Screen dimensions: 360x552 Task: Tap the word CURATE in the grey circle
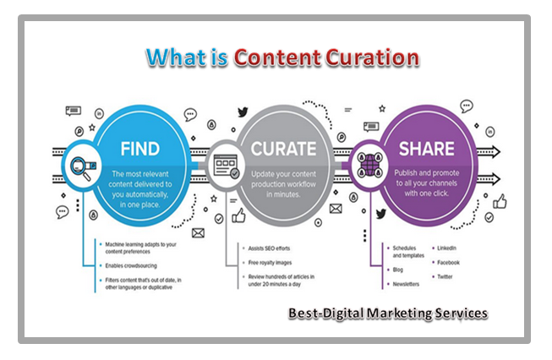click(283, 149)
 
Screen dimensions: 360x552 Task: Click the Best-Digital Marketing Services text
click(386, 313)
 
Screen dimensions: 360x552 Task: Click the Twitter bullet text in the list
click(447, 277)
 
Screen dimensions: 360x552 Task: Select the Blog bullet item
click(398, 270)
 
